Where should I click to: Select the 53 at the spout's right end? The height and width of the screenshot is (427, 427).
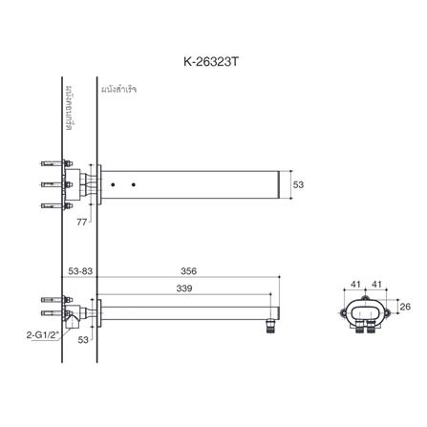pos(298,183)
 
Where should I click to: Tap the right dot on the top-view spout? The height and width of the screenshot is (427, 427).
pos(133,183)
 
